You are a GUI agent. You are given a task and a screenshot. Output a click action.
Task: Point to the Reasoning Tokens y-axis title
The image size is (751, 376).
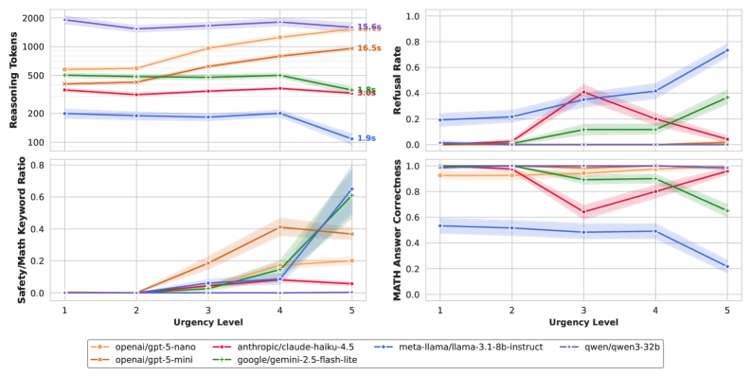[13, 79]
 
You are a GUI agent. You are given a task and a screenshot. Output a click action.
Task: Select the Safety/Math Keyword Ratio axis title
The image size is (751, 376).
[13, 229]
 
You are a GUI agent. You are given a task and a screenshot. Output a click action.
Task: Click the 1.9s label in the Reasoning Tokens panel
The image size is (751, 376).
[366, 138]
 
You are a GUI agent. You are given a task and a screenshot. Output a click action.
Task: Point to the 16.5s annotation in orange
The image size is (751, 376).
[368, 48]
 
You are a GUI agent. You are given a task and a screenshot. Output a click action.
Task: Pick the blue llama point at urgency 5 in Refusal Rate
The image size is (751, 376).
[726, 50]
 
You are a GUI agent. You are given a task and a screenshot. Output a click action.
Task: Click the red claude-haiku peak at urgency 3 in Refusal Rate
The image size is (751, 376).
[583, 92]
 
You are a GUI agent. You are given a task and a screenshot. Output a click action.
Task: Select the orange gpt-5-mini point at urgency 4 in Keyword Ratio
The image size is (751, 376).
[280, 227]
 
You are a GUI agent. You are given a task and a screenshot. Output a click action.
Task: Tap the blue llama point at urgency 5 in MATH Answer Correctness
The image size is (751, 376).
[726, 266]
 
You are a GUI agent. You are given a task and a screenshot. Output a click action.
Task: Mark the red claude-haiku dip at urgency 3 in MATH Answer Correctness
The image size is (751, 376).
[583, 211]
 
